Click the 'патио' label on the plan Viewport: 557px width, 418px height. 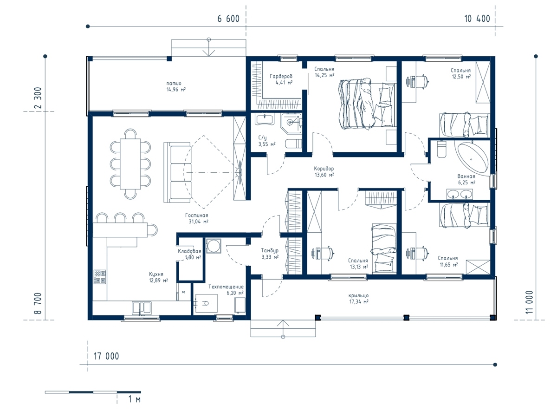[174, 83]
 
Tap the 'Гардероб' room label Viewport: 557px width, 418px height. [281, 76]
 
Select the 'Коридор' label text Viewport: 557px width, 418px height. [324, 169]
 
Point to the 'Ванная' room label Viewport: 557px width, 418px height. [466, 176]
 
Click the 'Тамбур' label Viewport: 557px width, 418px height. [270, 250]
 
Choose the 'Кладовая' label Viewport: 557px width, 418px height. [189, 251]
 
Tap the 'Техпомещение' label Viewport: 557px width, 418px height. [226, 287]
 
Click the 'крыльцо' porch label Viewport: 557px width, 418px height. [358, 295]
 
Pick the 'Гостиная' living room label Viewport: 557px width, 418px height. [196, 215]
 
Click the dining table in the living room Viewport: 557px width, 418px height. [130, 163]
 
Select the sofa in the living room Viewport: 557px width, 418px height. [177, 172]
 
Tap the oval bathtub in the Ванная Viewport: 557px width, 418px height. [472, 159]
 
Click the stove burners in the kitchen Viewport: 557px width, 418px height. [100, 277]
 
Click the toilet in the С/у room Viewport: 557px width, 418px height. [293, 144]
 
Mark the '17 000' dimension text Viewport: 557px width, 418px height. [106, 356]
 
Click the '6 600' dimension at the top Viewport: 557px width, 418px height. [228, 19]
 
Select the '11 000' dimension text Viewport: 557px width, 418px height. [529, 302]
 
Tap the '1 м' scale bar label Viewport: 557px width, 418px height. [134, 399]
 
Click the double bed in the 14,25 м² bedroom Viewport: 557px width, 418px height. [367, 104]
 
